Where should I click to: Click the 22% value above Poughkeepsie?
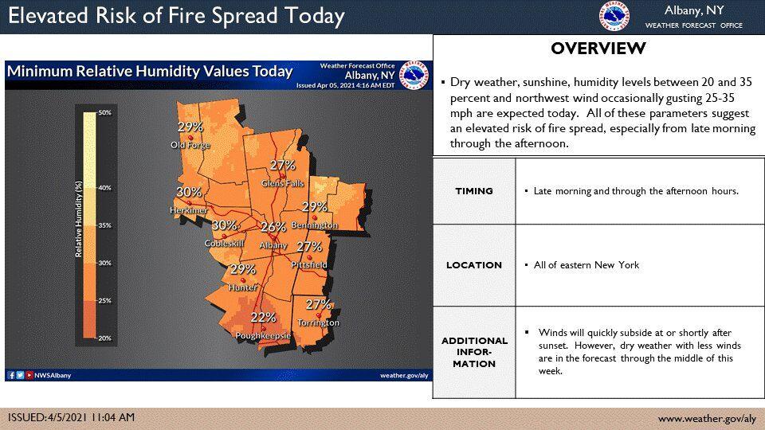click(x=263, y=317)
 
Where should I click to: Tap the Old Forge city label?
click(x=190, y=145)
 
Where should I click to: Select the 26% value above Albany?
click(x=273, y=227)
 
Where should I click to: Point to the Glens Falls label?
click(x=283, y=184)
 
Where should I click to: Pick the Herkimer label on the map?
click(x=188, y=210)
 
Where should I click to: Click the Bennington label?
click(x=315, y=225)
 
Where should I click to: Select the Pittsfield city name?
click(x=309, y=264)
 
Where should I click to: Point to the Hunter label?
click(x=241, y=287)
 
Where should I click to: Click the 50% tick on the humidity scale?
click(x=104, y=113)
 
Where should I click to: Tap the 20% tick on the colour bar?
click(x=104, y=338)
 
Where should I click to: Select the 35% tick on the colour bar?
click(x=104, y=225)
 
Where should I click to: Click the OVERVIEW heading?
click(x=598, y=49)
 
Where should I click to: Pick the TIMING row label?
click(x=474, y=191)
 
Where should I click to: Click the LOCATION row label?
click(x=474, y=265)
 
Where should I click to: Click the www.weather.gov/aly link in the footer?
click(x=706, y=419)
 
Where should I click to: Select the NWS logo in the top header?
click(x=614, y=16)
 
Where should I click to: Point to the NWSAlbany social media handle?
click(x=53, y=375)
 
